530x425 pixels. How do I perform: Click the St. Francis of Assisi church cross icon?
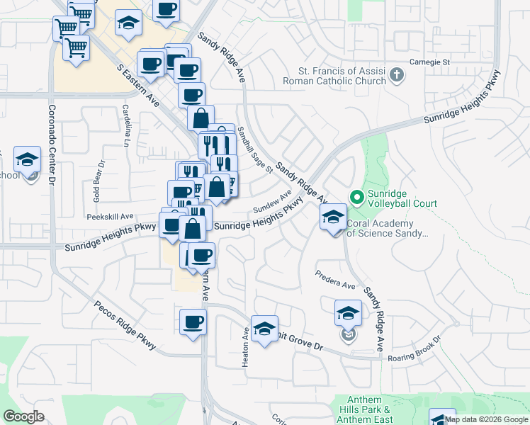[397, 74]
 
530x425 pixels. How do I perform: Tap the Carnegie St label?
[432, 62]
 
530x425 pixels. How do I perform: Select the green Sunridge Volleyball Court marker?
[356, 196]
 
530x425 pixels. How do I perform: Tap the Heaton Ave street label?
[246, 346]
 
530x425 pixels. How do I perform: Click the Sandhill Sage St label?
[255, 150]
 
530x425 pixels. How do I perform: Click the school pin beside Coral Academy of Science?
[333, 218]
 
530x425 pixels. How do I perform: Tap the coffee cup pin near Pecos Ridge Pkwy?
[193, 324]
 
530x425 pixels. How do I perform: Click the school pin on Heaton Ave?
[264, 329]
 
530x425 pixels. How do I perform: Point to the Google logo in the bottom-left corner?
[24, 416]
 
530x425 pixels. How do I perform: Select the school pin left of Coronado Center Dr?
[27, 161]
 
